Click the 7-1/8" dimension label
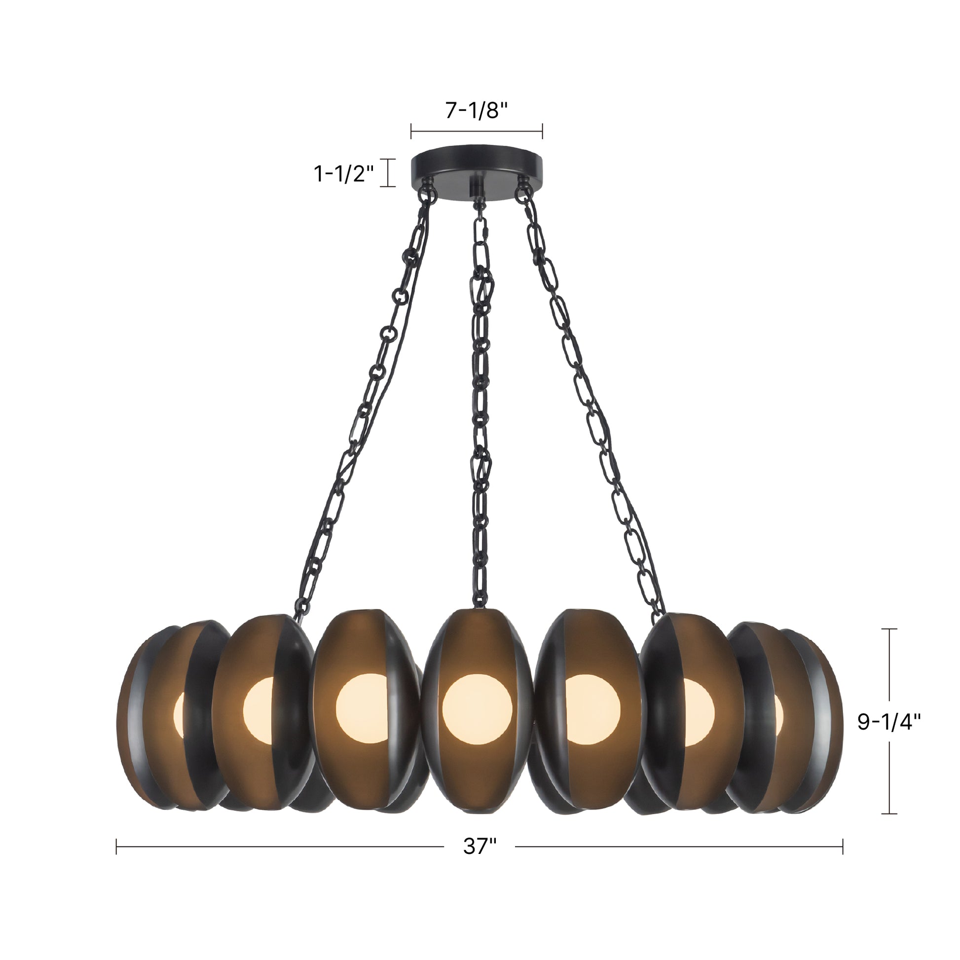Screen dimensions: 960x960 tap(476, 111)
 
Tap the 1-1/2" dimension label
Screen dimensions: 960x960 tap(344, 174)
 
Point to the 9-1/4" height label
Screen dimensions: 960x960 tap(889, 722)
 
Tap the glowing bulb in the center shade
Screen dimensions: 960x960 tap(477, 708)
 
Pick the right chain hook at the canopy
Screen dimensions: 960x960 tap(522, 191)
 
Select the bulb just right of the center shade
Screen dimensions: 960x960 tap(592, 708)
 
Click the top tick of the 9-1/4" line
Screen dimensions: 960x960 tap(889, 629)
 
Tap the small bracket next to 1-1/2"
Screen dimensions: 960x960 tap(388, 173)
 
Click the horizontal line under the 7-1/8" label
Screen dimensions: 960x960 tap(476, 132)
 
